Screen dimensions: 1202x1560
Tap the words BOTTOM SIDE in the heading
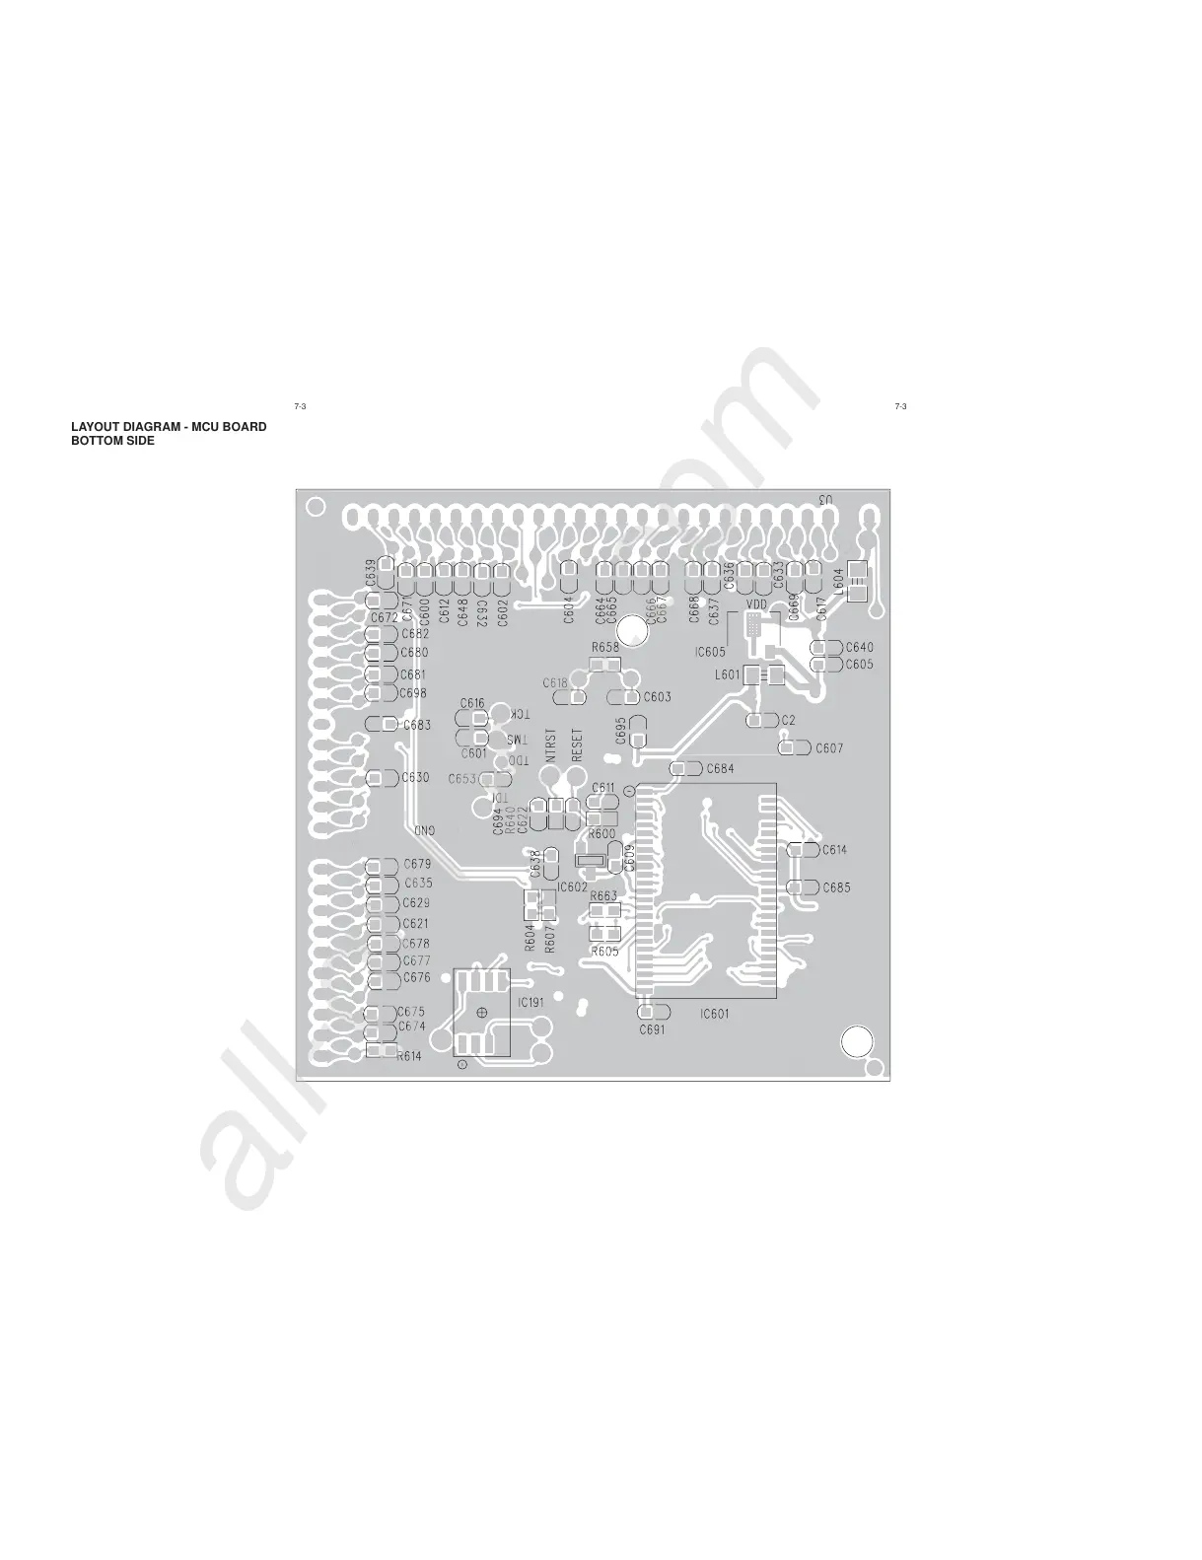112,441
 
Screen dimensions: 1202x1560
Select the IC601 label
715,1014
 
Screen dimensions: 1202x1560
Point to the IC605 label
709,652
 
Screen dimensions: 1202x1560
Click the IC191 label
531,1002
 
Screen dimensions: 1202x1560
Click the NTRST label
551,745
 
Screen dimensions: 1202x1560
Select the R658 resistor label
605,647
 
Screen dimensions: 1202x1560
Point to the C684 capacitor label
720,768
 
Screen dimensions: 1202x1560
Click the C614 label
834,849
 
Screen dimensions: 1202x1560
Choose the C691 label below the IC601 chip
652,1029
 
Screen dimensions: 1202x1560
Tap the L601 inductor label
727,675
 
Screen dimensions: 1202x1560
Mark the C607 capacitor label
829,748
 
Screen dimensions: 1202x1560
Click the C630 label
415,777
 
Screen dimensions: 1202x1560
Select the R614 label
409,1055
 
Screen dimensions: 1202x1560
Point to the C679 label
417,865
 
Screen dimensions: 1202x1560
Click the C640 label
859,648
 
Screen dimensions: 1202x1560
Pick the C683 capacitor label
418,725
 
